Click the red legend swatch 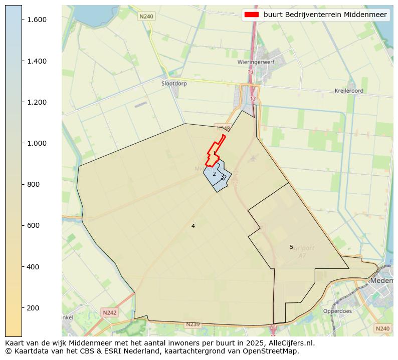coord(251,15)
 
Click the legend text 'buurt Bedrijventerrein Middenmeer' coord(325,15)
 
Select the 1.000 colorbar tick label coord(37,143)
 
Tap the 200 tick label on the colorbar coord(33,308)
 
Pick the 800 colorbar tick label coord(33,184)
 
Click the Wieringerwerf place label coord(254,63)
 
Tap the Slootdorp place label coord(174,84)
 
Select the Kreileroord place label coord(349,91)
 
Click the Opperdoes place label coord(337,310)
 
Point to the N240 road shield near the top coord(146,17)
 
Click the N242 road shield coord(109,312)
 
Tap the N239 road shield coord(192,324)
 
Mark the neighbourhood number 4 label coord(193,226)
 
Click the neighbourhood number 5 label coord(291,247)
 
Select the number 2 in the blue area coord(214,174)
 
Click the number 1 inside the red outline coord(214,153)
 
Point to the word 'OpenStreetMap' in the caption coord(275,351)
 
